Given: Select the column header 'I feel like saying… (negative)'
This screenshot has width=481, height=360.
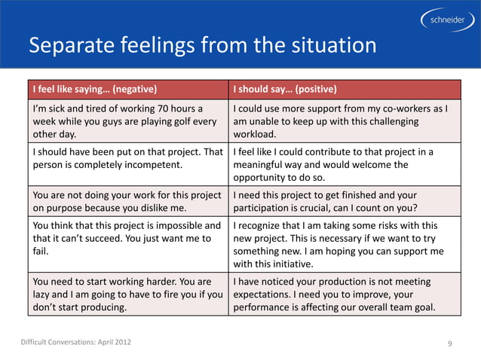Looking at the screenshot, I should coord(94,89).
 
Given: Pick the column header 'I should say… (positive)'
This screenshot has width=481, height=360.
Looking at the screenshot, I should coord(285,89).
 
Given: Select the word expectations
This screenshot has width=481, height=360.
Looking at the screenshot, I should coord(266,294).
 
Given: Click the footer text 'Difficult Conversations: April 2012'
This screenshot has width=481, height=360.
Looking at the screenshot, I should coord(75,343).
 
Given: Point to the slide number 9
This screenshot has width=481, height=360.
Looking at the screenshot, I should coord(449,344).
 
